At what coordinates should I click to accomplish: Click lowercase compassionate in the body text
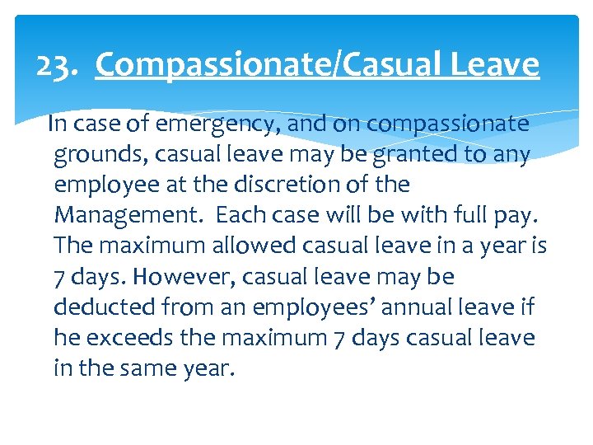447,124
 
